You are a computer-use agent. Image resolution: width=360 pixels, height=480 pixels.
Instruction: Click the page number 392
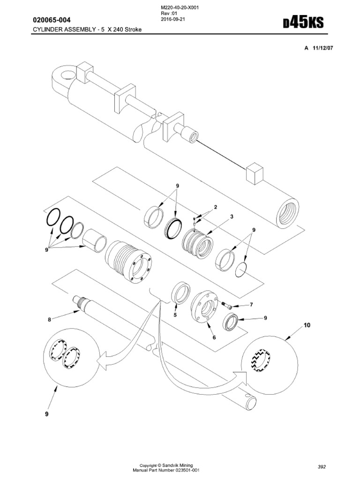(321, 467)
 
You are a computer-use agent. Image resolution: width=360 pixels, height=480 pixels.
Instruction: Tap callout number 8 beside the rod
(48, 320)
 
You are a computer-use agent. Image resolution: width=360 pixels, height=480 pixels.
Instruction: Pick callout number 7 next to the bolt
(251, 305)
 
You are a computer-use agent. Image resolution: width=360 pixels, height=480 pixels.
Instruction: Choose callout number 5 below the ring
(175, 315)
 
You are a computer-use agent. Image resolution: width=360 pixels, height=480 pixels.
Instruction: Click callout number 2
(216, 207)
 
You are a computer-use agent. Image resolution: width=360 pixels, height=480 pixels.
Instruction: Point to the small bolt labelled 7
(226, 305)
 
